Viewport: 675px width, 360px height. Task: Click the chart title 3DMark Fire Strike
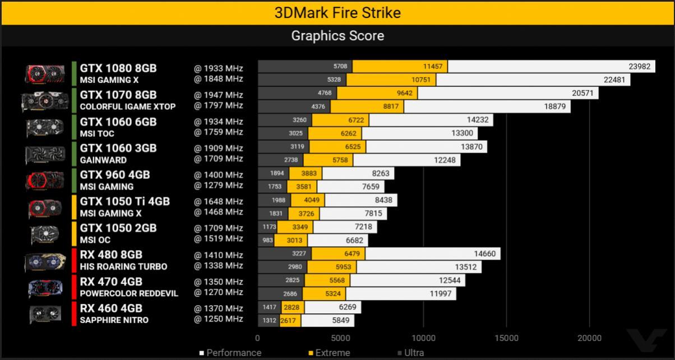pyautogui.click(x=337, y=12)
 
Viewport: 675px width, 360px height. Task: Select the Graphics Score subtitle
pyautogui.click(x=337, y=36)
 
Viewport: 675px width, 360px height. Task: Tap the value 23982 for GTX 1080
pyautogui.click(x=639, y=66)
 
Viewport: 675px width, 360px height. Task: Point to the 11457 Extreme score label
pyautogui.click(x=433, y=66)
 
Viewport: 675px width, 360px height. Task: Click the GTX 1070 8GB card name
pyautogui.click(x=118, y=95)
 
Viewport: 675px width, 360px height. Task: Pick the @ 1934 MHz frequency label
pyautogui.click(x=218, y=122)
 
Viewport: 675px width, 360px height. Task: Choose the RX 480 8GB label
pyautogui.click(x=111, y=255)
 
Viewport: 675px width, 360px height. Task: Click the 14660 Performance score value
pyautogui.click(x=484, y=253)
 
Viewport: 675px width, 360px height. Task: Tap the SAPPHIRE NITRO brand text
pyautogui.click(x=114, y=320)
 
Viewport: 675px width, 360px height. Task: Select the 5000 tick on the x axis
pyautogui.click(x=340, y=338)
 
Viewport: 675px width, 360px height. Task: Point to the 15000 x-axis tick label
pyautogui.click(x=506, y=338)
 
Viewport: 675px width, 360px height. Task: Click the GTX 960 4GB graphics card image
pyautogui.click(x=44, y=181)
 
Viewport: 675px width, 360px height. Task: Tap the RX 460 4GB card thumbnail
pyautogui.click(x=45, y=314)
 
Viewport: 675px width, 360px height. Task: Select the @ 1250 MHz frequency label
pyautogui.click(x=218, y=319)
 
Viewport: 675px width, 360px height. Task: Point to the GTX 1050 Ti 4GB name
pyautogui.click(x=125, y=201)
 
